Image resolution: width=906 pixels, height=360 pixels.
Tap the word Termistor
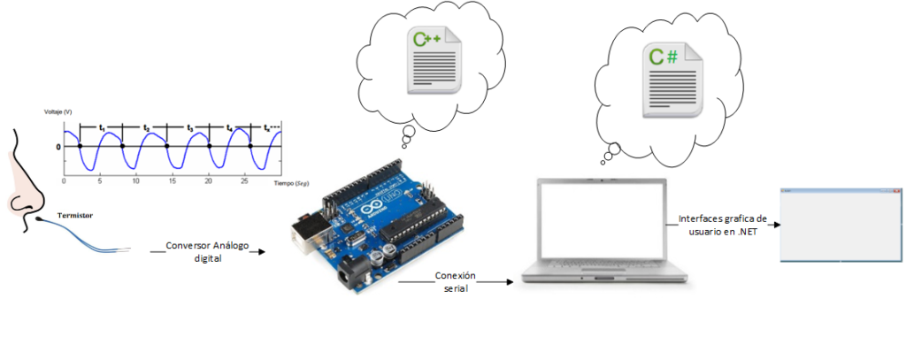coord(75,215)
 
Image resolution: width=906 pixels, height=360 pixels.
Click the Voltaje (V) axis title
coord(58,111)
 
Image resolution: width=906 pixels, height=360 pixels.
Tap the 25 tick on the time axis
coord(245,180)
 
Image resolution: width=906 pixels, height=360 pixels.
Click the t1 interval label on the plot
coord(102,129)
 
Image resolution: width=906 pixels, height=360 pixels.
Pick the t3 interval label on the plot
coord(188,129)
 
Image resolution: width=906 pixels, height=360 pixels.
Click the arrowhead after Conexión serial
coord(510,282)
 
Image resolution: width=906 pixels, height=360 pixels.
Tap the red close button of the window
coord(896,191)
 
